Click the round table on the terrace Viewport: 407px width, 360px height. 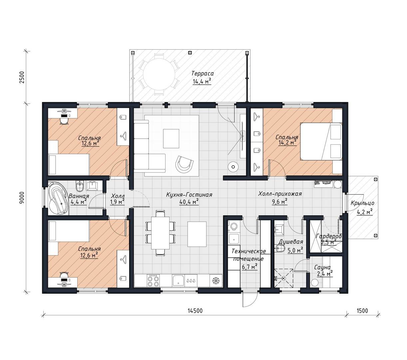pos(159,76)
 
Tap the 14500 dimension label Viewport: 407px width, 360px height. pos(195,311)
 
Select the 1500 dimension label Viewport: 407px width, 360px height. pos(362,311)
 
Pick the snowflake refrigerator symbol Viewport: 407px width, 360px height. pos(216,281)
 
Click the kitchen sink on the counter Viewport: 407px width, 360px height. pos(178,280)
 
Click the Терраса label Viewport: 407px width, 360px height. pos(202,73)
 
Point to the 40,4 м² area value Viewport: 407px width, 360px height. pos(189,202)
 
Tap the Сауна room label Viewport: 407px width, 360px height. pos(322,267)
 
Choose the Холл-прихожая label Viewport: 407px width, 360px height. pos(280,194)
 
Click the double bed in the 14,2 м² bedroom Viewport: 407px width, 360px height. pos(321,142)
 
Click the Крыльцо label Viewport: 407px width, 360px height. pos(362,203)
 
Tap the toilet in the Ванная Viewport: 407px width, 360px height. pos(80,186)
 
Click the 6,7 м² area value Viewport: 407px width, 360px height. pos(250,267)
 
